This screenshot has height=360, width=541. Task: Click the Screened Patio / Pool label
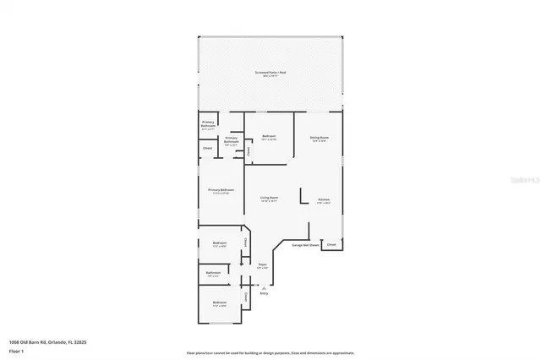tap(270, 73)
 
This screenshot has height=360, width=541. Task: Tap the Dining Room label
tap(319, 137)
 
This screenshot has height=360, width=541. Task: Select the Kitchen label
tap(324, 199)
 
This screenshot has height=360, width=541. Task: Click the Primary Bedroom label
tap(221, 190)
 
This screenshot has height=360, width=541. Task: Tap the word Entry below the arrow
tap(264, 293)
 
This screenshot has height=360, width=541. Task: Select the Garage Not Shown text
tap(305, 245)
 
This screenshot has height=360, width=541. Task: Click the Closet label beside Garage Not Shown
tap(331, 245)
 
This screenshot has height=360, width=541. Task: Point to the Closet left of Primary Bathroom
tap(208, 149)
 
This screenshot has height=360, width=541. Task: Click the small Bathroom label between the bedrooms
tap(213, 273)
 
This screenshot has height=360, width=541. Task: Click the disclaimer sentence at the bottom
tap(270, 352)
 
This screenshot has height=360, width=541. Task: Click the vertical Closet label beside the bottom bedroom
tap(246, 296)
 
